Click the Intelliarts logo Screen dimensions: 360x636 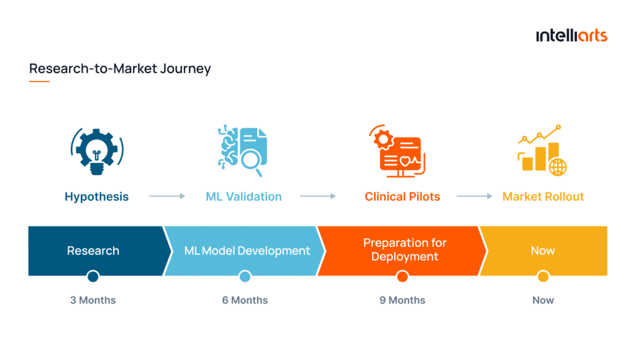point(571,35)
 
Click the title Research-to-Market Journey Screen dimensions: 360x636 point(120,68)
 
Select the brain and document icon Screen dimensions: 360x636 point(243,148)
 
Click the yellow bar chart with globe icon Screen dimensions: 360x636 point(542,150)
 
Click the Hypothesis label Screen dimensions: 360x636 point(96,197)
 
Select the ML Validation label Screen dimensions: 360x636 point(243,197)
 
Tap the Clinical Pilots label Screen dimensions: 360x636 point(402,197)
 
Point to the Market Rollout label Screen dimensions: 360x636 point(543,197)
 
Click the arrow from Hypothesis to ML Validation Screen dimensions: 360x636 point(167,196)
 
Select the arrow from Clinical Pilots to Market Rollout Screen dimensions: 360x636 point(475,196)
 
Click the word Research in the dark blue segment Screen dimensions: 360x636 point(93,251)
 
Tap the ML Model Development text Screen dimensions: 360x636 point(247,251)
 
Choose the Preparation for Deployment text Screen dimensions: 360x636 point(404,250)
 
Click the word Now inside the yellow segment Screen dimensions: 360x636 point(542,251)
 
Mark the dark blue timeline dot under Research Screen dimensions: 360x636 point(93,276)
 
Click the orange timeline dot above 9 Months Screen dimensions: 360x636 point(402,276)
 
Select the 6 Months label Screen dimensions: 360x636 point(245,300)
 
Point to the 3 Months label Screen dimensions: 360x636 point(93,300)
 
